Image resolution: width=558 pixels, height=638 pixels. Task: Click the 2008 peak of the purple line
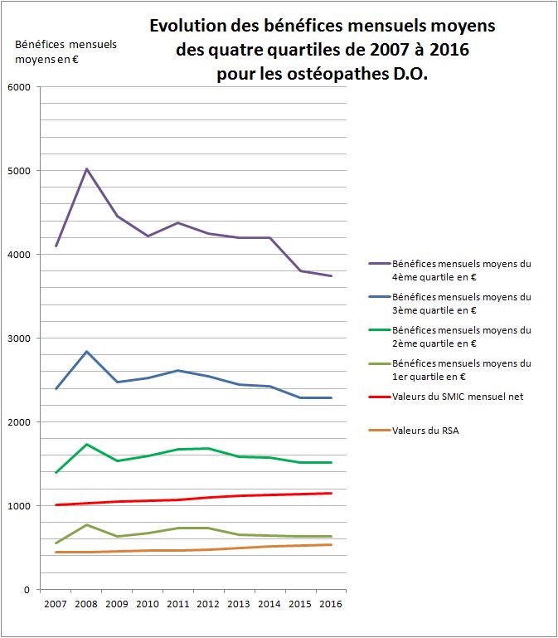(86, 169)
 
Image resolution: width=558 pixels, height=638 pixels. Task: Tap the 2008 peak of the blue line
(86, 352)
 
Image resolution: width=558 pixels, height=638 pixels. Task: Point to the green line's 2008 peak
(86, 445)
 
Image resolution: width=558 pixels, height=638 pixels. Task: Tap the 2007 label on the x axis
(55, 604)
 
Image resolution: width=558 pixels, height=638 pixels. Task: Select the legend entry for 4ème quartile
(461, 270)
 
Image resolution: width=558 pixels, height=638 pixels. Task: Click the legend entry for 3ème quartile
(461, 303)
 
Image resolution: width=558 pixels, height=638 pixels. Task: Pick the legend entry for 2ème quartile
(461, 336)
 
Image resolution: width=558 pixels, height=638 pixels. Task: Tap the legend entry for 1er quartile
(461, 369)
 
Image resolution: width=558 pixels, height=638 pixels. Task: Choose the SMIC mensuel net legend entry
(457, 397)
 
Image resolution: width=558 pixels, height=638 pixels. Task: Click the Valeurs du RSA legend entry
(425, 430)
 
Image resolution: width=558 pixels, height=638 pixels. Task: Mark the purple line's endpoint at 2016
(332, 276)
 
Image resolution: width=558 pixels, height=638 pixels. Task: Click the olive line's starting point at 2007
(56, 543)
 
